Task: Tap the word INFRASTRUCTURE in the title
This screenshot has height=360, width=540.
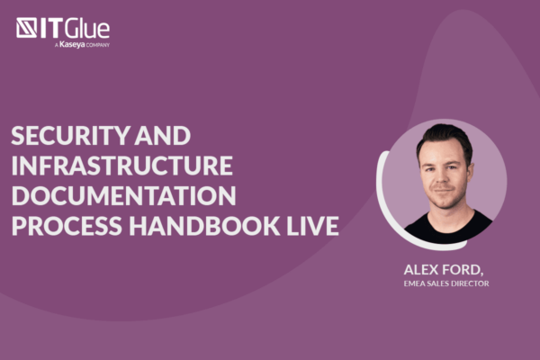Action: pos(121,166)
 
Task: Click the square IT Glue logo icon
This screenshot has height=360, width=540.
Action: pos(27,28)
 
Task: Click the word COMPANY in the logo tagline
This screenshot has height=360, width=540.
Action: pos(97,43)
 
